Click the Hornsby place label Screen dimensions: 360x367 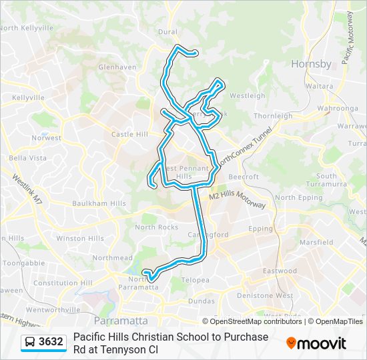click(311, 64)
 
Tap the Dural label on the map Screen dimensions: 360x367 click(167, 31)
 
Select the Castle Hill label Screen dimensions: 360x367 click(129, 134)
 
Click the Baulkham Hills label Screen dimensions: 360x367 click(99, 203)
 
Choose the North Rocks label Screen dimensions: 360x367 click(156, 227)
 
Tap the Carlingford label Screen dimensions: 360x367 click(208, 235)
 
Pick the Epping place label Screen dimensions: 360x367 click(261, 229)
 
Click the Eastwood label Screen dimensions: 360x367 click(280, 271)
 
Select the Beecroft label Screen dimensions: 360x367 click(244, 177)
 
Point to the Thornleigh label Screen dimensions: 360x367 click(273, 115)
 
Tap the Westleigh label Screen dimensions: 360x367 click(247, 96)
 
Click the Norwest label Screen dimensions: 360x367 click(46, 138)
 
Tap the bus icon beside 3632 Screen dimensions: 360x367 click(30, 342)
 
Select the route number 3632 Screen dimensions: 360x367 click(51, 342)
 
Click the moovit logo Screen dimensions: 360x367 click(316, 343)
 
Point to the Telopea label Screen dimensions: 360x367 click(196, 280)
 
